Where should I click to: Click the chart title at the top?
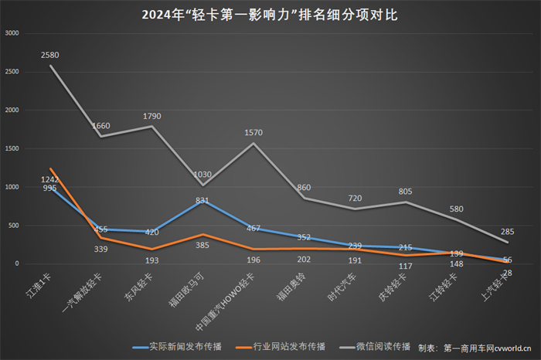[270, 15]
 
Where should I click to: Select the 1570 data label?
[254, 133]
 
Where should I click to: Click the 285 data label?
[507, 231]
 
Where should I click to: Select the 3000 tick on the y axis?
[12, 33]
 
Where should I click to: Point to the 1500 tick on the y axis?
[12, 148]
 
